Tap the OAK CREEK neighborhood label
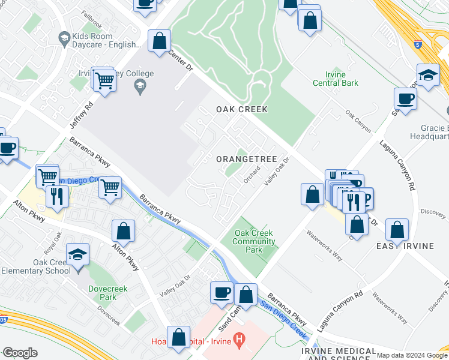(x=242, y=109)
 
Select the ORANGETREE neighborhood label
(x=246, y=159)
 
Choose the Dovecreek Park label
(x=103, y=292)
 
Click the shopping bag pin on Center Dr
(x=160, y=41)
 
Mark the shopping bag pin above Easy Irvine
(x=397, y=229)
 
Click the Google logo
(x=20, y=353)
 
